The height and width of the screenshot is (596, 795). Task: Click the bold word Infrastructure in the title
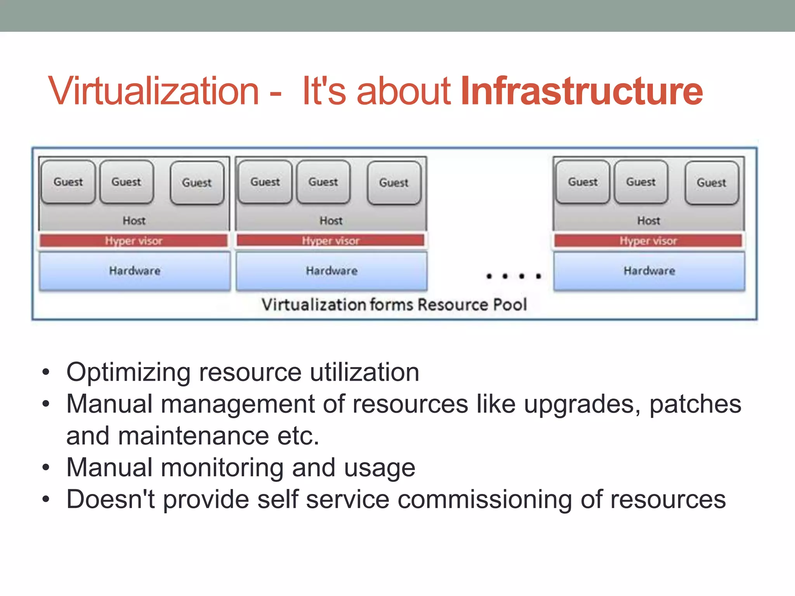coord(581,91)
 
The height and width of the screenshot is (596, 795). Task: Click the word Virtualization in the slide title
coord(153,91)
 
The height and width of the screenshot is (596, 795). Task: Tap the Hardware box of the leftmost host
coord(135,271)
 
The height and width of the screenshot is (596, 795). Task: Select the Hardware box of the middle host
coord(332,271)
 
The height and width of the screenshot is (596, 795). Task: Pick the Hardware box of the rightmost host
coord(649,271)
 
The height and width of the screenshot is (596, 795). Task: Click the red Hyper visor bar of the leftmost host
coord(134,241)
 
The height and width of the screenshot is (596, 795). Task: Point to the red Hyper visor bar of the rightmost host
coord(648,241)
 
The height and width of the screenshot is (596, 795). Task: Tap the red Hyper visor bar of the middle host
coord(331,241)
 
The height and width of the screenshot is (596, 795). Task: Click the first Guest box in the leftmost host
coord(68,182)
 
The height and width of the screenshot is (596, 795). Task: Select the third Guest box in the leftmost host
coord(197,183)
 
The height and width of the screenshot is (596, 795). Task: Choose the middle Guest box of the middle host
coord(323,182)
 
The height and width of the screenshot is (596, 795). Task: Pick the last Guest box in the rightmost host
coord(712,183)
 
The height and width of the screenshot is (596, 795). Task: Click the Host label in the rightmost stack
coord(648,220)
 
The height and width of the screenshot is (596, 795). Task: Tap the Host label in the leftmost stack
coord(134,220)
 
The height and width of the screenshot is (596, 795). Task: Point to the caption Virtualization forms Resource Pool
coord(394,305)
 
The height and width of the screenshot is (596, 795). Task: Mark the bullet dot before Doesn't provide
coord(46,499)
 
